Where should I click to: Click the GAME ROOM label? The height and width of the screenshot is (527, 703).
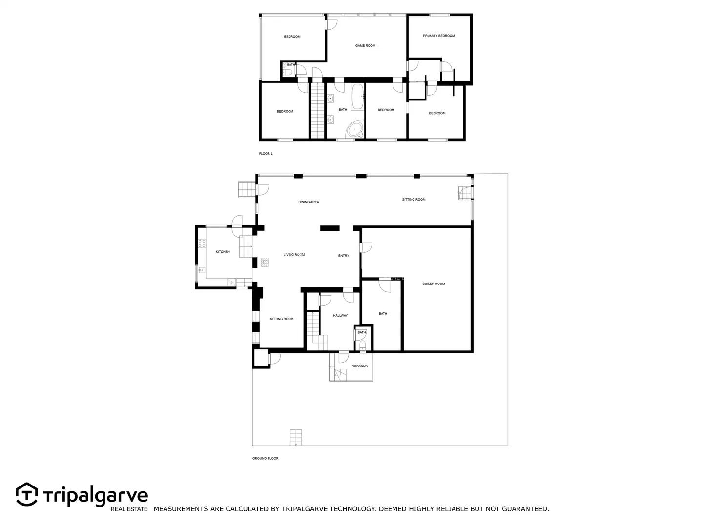point(365,46)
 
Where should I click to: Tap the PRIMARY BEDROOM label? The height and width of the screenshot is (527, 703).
point(438,36)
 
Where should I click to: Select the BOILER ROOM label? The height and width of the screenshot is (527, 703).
point(434,284)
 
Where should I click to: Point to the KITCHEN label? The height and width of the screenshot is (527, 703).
point(223,252)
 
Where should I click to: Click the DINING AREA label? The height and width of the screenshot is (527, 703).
point(309,202)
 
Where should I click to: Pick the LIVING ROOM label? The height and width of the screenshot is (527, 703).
point(294,255)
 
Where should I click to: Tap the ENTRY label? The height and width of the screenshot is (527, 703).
point(344,256)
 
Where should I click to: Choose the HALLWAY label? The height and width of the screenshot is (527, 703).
point(340,316)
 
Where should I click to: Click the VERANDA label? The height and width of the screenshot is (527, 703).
point(360,366)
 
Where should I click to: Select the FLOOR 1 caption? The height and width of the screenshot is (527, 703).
point(266,154)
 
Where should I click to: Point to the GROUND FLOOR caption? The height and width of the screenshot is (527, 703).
point(265,458)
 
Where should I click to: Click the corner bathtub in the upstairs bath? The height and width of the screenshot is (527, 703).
point(354,129)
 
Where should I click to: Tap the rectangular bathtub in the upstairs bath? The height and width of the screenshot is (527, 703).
point(357,97)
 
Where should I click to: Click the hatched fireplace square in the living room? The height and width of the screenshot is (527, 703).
point(265,263)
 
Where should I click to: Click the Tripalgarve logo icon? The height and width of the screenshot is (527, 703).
point(27,494)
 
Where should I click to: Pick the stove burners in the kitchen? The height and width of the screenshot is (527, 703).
point(202,243)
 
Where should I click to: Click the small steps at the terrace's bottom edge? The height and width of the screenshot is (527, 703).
point(296,437)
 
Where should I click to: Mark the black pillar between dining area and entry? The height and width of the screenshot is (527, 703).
point(330,228)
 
